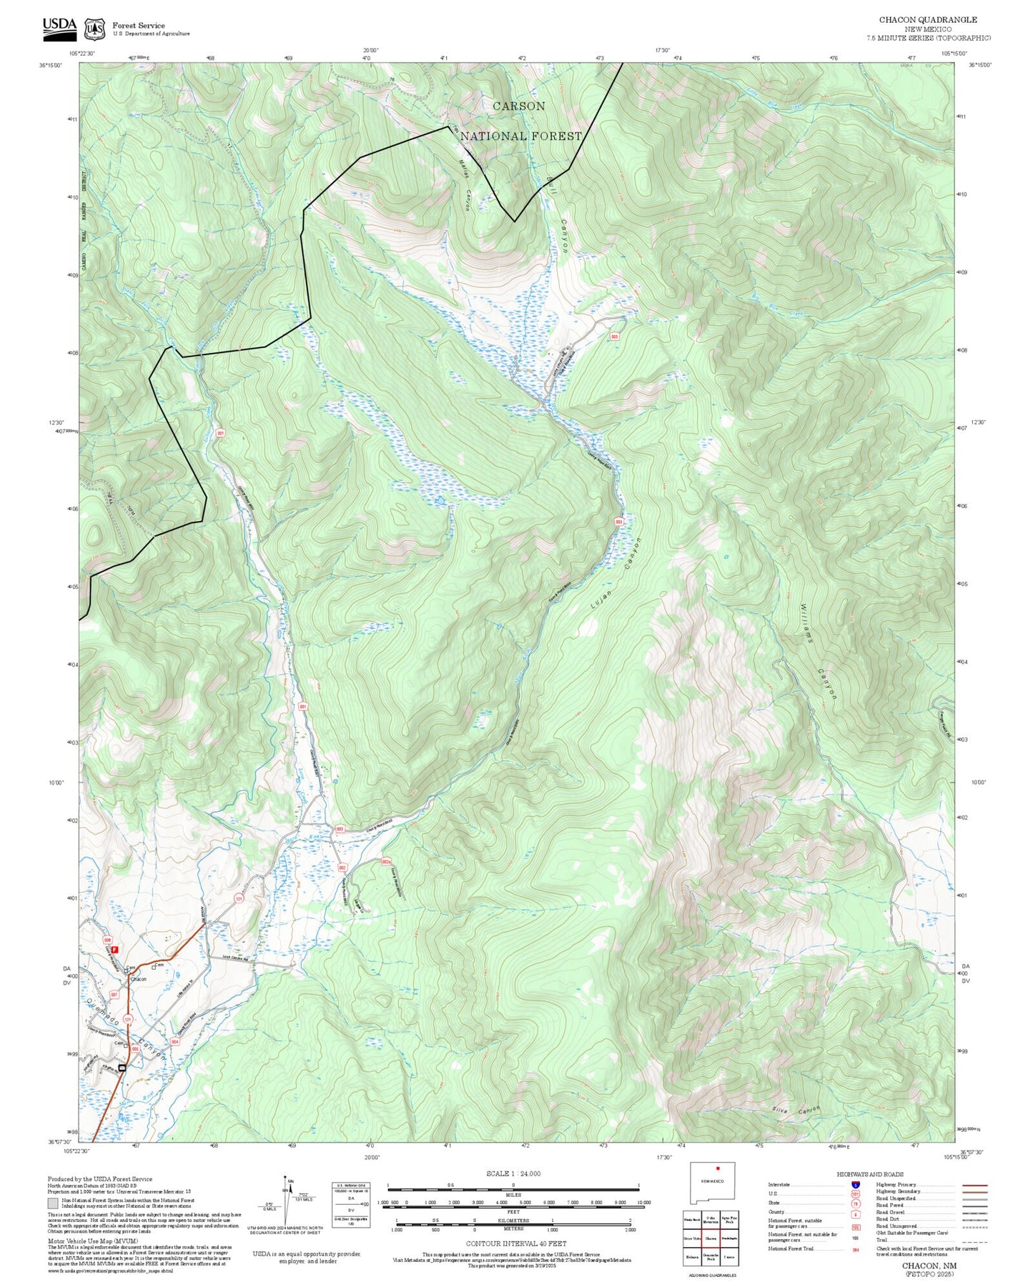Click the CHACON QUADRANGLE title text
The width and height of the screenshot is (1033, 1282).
[927, 19]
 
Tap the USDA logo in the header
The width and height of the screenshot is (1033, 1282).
[59, 26]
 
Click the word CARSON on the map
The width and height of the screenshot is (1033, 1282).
[519, 106]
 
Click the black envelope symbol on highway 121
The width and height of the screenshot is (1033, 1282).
[122, 1068]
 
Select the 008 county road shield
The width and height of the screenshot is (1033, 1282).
[107, 940]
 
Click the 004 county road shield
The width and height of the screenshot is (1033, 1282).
[174, 1042]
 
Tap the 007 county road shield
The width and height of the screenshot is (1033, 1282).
[114, 995]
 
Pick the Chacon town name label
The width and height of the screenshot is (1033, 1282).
[138, 979]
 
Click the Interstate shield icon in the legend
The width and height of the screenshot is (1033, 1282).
[856, 1185]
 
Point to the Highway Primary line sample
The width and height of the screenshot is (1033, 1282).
[974, 1185]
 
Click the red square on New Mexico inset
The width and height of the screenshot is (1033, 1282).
[717, 1168]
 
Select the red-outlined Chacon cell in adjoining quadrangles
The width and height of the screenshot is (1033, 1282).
[711, 1238]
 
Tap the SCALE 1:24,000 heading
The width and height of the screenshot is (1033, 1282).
[513, 1173]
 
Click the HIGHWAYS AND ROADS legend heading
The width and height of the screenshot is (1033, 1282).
[869, 1174]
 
